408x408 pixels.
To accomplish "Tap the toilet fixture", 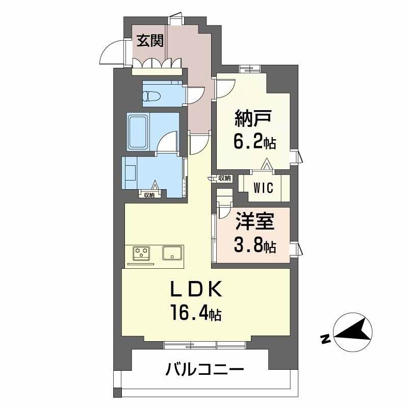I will [x=152, y=96].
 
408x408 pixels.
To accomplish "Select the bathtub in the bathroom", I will [x=138, y=132].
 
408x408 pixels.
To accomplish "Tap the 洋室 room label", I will [x=254, y=223].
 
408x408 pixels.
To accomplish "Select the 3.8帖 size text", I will [x=254, y=247].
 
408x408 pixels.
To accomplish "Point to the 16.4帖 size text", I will [x=195, y=313].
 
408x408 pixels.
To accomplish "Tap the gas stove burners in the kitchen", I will [x=142, y=252].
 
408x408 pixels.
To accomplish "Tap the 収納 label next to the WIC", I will [x=224, y=178].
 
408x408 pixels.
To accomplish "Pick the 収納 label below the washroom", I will [x=149, y=195].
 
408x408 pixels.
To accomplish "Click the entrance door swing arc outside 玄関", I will [x=110, y=53].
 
